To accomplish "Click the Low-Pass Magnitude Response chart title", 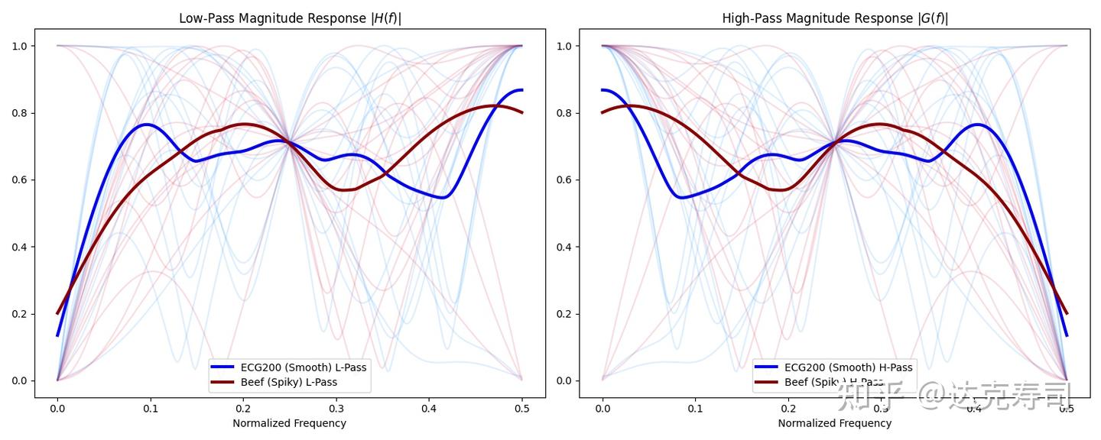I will click(x=290, y=18).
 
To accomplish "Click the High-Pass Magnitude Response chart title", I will click(x=835, y=18).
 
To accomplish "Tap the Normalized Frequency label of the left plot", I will click(x=289, y=423).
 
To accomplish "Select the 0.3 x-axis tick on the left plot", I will click(x=336, y=409).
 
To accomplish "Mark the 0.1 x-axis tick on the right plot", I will click(x=695, y=409).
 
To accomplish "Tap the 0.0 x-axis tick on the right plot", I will click(x=602, y=409).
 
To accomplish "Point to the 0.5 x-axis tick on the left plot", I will click(x=521, y=409).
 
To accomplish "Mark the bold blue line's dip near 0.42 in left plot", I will click(x=443, y=197).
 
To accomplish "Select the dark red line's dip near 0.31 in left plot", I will click(x=346, y=189).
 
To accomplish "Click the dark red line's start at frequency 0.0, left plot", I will click(x=57, y=313).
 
